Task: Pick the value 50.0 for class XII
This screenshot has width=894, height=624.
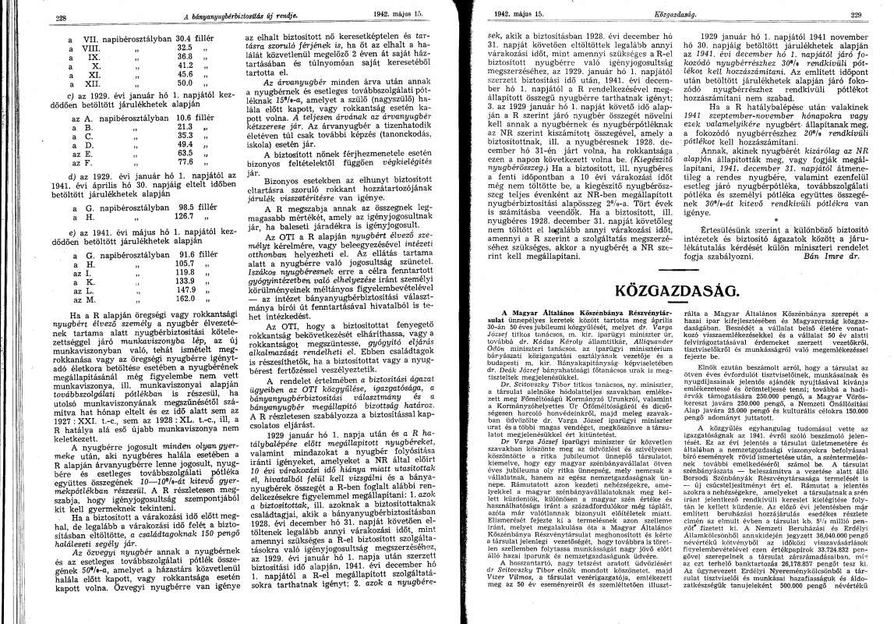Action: click(x=185, y=82)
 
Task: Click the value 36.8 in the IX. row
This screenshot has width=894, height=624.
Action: click(x=185, y=56)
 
